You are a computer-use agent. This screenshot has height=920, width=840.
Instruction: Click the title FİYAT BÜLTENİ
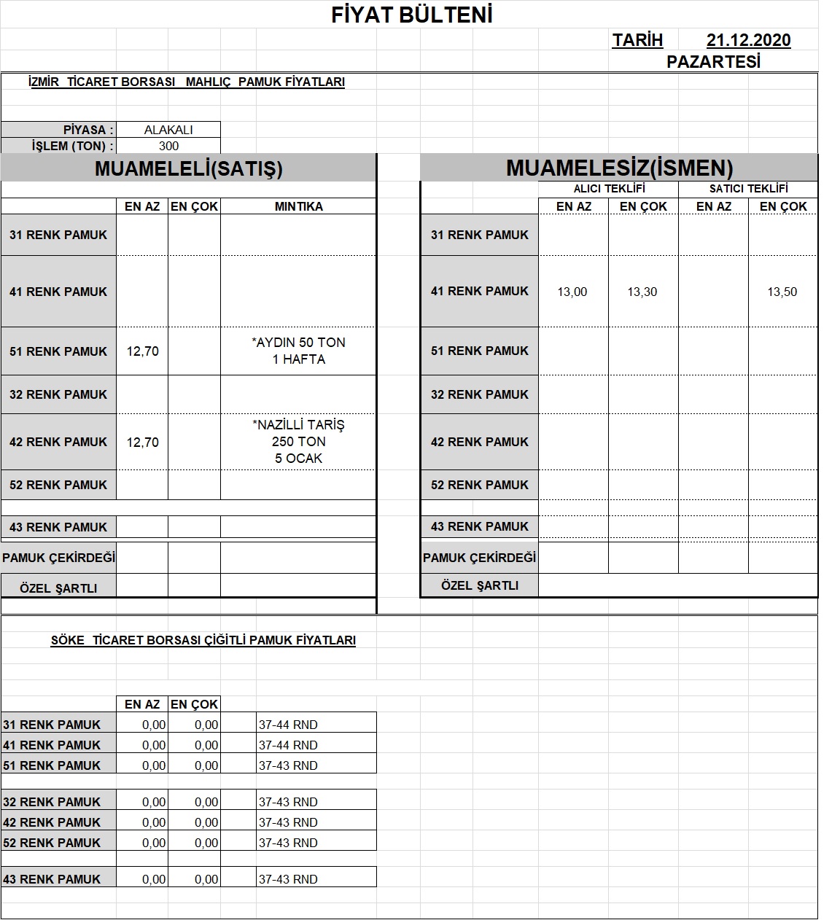(x=412, y=15)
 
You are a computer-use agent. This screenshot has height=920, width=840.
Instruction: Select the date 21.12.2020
(x=748, y=40)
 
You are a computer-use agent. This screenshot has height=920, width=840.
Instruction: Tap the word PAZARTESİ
(x=713, y=62)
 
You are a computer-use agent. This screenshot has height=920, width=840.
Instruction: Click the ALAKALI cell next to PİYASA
(x=168, y=130)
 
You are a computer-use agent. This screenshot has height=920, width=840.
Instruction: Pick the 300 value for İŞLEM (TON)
(x=168, y=146)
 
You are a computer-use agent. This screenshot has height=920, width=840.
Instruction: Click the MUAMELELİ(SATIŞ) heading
(x=188, y=168)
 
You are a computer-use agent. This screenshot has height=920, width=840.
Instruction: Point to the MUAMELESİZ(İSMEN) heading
(x=619, y=168)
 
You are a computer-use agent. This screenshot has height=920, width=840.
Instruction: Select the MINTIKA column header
(x=298, y=206)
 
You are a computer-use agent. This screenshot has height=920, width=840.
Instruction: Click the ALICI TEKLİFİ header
(x=609, y=188)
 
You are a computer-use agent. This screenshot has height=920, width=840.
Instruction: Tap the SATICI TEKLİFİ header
(x=748, y=188)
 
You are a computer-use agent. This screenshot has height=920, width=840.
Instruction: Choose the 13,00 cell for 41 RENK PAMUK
(x=572, y=292)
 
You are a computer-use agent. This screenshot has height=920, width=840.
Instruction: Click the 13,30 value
(x=642, y=292)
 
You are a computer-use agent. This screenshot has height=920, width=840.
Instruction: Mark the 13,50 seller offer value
(x=782, y=292)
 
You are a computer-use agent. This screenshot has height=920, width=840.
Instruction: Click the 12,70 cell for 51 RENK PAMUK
(x=142, y=351)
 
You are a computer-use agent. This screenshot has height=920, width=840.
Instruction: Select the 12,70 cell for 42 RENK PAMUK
(x=142, y=442)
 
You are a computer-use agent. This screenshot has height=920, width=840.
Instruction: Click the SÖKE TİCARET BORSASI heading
(x=203, y=641)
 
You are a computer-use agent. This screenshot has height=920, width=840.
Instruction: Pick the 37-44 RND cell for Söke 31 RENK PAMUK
(x=288, y=725)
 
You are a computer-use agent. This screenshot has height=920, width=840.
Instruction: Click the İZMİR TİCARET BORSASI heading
(x=186, y=82)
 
